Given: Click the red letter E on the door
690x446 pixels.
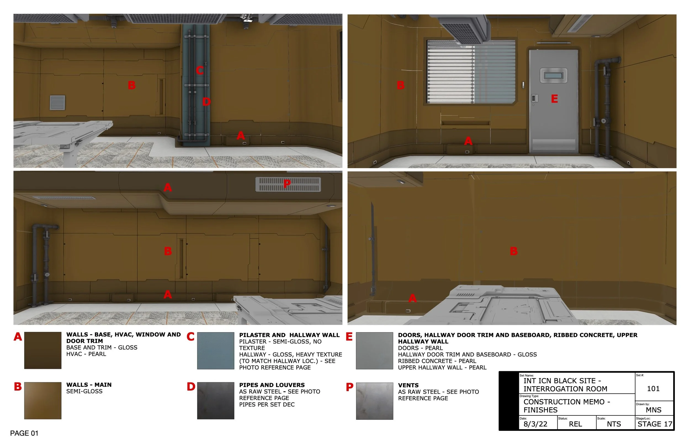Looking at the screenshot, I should (554, 99).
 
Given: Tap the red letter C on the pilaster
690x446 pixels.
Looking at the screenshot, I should (200, 70).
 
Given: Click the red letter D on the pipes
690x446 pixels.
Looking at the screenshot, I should (206, 102).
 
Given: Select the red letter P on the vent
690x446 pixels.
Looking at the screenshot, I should (287, 183).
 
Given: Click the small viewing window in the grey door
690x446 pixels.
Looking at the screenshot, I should (553, 76).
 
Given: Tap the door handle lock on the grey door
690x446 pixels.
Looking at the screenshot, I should (534, 98).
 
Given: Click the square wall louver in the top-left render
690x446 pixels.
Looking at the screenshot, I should (57, 103).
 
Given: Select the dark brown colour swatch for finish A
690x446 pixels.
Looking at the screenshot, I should (43, 350).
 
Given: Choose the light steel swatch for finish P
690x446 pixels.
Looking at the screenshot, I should (374, 401).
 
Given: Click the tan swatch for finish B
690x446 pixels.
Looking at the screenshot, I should (43, 401).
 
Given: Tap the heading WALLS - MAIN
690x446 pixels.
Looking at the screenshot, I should (89, 385).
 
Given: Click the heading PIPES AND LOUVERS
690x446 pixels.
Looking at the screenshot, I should (272, 385).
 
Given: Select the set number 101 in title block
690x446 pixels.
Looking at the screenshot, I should (653, 388).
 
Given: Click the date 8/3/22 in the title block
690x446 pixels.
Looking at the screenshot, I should (535, 424).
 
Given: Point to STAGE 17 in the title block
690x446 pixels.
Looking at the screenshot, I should (655, 424).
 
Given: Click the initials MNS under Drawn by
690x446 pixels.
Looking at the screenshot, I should (654, 410).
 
